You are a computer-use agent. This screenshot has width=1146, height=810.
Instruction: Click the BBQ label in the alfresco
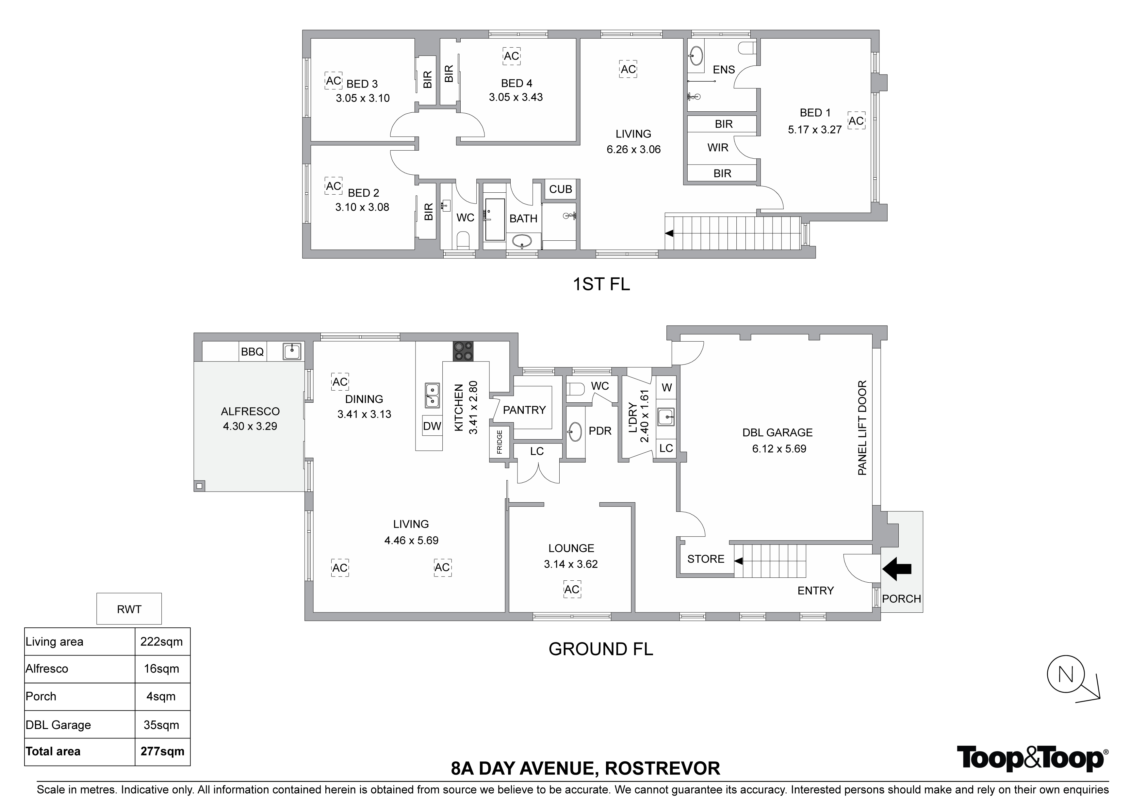point(252,352)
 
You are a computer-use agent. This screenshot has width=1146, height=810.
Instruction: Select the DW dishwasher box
point(432,426)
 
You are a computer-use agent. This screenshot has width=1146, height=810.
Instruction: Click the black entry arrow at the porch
point(897,568)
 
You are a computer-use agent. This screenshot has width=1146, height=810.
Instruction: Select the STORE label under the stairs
point(706,559)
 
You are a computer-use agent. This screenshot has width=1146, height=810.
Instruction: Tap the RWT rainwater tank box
point(129,609)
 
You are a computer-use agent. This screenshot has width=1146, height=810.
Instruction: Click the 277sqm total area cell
point(162,751)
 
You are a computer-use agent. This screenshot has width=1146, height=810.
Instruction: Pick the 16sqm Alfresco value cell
point(162,669)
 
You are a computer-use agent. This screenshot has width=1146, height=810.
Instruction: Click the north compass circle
point(1066,675)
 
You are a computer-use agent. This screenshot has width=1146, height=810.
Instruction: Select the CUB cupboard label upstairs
point(561,189)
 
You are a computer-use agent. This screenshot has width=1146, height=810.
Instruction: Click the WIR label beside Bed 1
point(718,147)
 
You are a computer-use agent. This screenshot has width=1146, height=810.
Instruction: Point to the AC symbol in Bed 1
point(857,121)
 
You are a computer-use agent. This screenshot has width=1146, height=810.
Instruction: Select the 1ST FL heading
point(601,284)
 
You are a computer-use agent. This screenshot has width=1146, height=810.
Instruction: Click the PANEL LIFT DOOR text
point(862,428)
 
